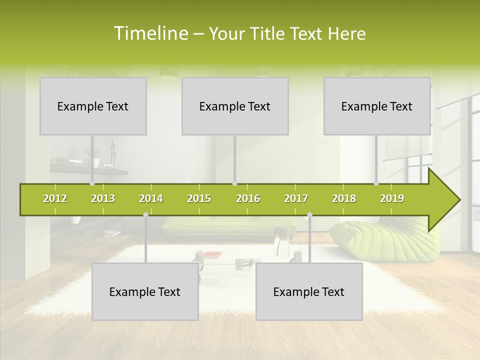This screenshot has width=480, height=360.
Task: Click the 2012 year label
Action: click(x=55, y=198)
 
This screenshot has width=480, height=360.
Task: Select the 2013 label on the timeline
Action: click(x=103, y=198)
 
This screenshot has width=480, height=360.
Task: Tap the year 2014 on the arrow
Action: click(x=151, y=198)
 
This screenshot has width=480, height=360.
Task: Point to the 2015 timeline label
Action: click(x=199, y=198)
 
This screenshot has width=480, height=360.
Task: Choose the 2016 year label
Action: click(x=248, y=198)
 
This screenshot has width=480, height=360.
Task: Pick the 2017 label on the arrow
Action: click(x=296, y=198)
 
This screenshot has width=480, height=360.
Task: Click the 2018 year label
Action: click(x=344, y=198)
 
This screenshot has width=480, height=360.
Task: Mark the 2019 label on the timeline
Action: click(x=392, y=198)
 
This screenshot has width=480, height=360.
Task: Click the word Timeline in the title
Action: click(x=150, y=33)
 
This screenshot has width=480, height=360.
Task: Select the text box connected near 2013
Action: click(x=93, y=106)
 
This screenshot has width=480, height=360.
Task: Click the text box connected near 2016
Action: click(x=235, y=106)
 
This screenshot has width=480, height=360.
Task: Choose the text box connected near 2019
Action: click(x=377, y=106)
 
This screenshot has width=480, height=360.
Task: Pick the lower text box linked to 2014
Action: click(x=145, y=291)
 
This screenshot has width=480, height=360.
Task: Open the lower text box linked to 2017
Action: click(x=309, y=291)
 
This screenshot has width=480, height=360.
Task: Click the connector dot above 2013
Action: click(x=92, y=183)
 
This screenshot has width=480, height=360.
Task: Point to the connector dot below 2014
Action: click(x=145, y=215)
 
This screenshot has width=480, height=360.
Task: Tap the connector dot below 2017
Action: click(x=309, y=215)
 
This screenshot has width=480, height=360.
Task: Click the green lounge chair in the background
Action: click(x=380, y=240)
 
